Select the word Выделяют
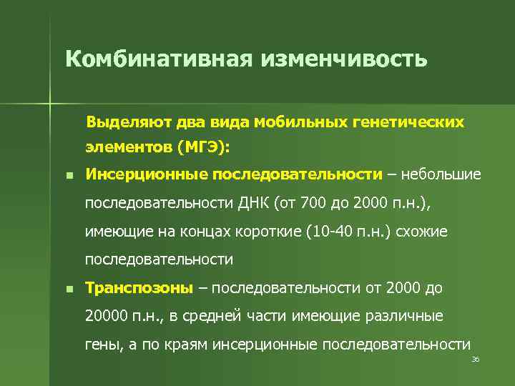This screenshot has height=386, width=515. coord(121,122)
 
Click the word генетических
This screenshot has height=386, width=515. coord(408,122)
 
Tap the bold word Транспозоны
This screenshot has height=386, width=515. coord(139,288)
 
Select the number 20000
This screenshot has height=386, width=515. coord(106,316)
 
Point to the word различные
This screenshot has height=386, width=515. coord(403,316)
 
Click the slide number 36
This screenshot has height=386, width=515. coord(475,359)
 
